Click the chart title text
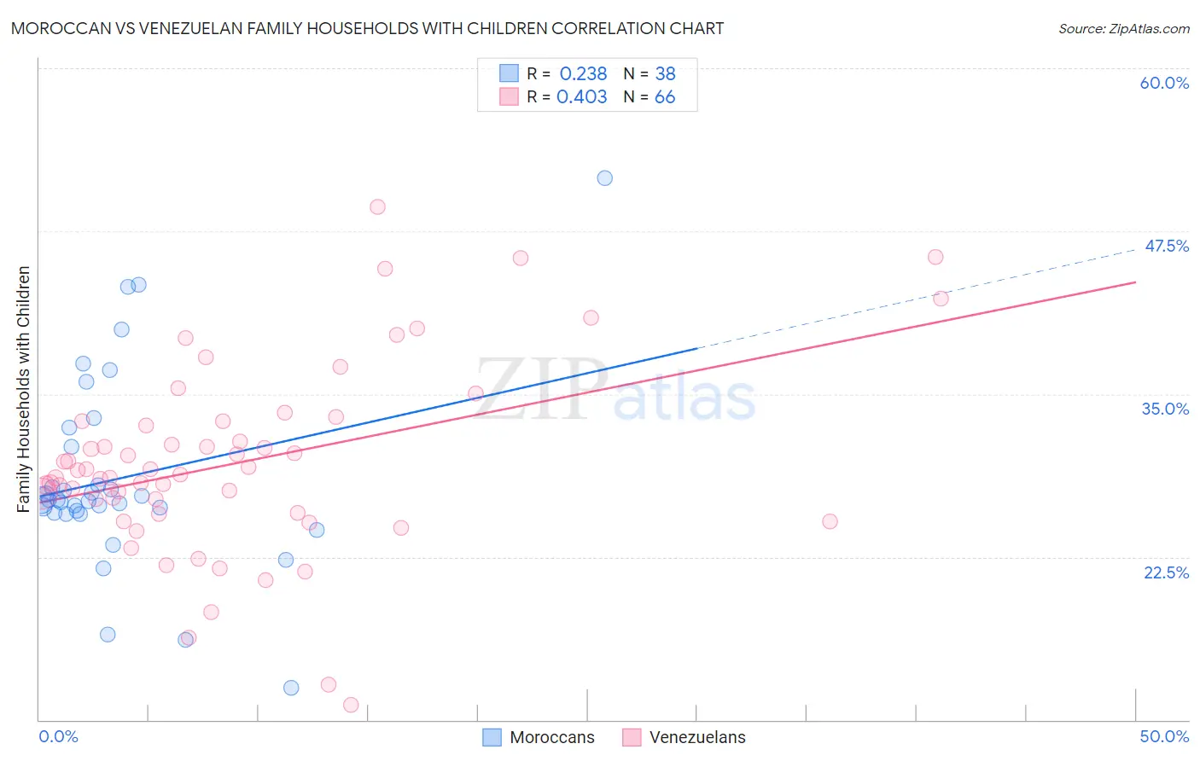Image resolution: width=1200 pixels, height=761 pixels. (x=367, y=28)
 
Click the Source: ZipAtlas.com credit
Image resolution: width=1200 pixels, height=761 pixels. (x=1123, y=28)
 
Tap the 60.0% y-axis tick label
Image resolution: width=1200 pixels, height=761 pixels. (x=1164, y=83)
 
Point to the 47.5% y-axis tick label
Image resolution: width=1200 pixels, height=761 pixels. (x=1166, y=246)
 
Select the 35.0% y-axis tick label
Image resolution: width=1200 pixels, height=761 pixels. (x=1165, y=409)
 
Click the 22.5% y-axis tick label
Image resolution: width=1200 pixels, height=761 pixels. (x=1166, y=572)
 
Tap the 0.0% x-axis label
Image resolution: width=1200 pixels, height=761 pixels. (x=58, y=736)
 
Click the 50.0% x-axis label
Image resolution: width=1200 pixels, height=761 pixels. (x=1164, y=736)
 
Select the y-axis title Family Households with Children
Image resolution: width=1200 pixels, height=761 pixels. (x=24, y=389)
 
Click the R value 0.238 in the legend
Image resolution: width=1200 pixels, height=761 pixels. (x=583, y=74)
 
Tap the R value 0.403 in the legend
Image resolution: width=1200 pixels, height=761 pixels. (x=581, y=97)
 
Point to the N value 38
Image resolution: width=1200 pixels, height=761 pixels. (x=665, y=74)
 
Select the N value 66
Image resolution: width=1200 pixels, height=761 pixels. (x=664, y=97)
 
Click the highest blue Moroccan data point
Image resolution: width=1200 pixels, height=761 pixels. (x=605, y=178)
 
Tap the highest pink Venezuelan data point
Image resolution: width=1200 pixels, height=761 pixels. (x=377, y=206)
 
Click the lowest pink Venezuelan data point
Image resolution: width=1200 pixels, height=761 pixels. (x=351, y=705)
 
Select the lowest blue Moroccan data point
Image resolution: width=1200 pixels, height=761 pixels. (x=291, y=688)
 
